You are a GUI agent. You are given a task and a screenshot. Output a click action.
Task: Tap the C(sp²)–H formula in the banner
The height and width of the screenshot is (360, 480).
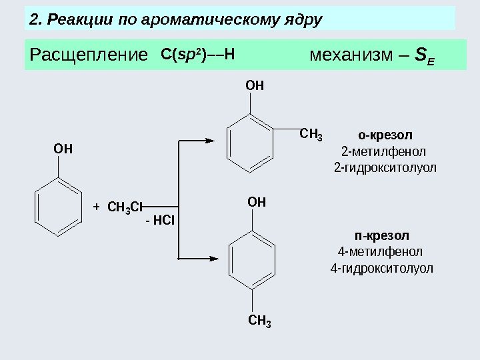pyautogui.click(x=199, y=53)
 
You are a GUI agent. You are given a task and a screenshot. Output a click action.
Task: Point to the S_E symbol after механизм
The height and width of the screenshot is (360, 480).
pyautogui.click(x=423, y=55)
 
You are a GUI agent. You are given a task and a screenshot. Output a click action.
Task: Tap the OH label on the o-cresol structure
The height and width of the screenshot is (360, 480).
pyautogui.click(x=254, y=85)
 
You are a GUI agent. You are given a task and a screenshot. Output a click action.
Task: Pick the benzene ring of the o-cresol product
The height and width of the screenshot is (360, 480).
pyautogui.click(x=250, y=142)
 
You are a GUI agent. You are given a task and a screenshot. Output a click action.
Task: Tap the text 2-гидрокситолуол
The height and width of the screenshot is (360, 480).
pyautogui.click(x=385, y=167)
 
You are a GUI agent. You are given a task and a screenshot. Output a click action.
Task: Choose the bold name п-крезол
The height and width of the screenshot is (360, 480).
pyautogui.click(x=382, y=236)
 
